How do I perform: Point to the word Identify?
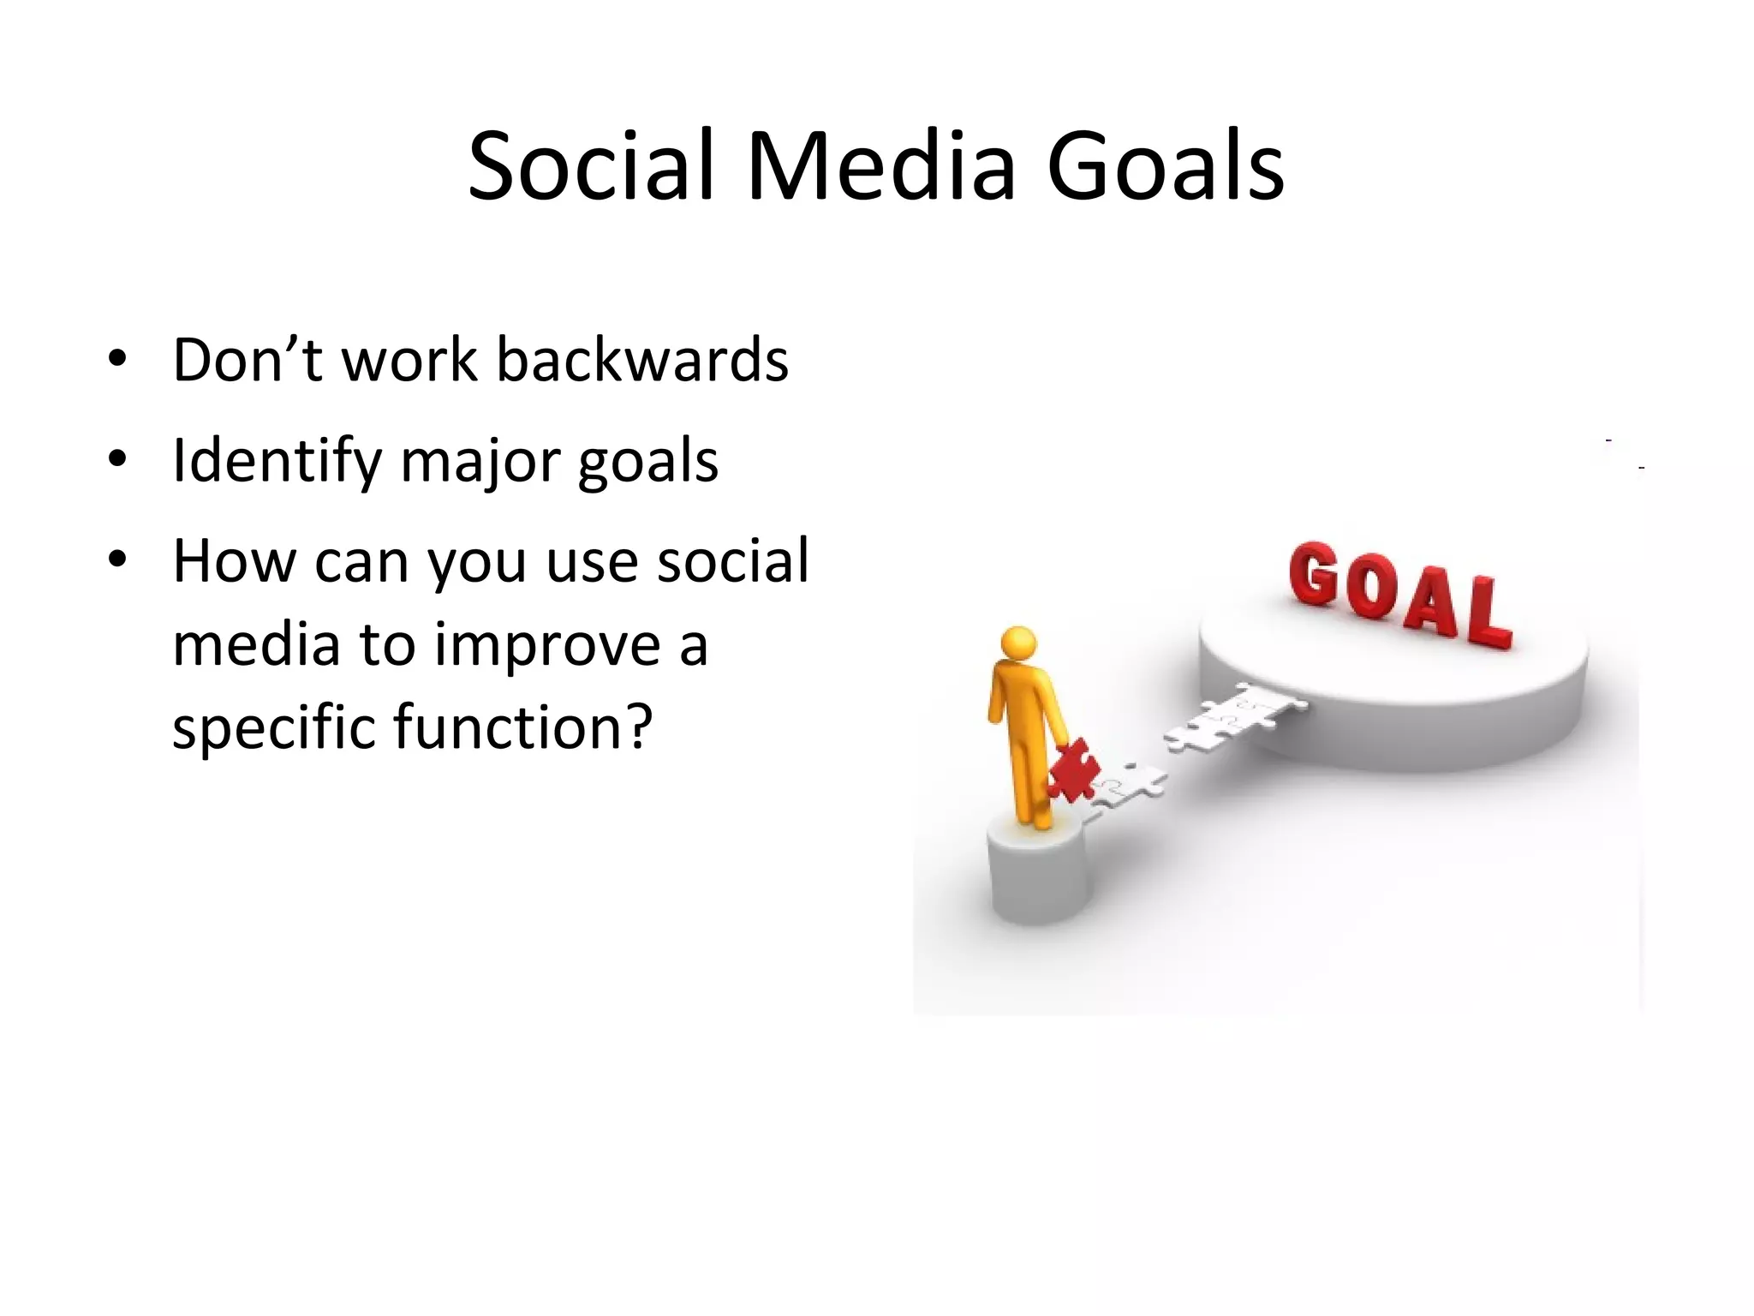point(276,461)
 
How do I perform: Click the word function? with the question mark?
point(522,727)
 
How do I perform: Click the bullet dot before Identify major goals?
point(117,460)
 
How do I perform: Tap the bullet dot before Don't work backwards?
point(117,359)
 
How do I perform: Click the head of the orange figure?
point(1018,643)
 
